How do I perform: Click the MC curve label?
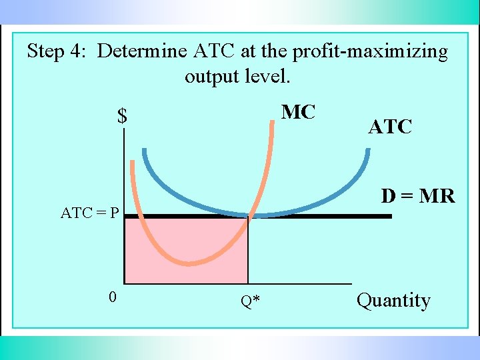[x=298, y=112]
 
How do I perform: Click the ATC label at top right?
[x=390, y=127]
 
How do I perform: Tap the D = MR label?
[x=418, y=196]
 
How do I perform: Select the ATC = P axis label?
[x=90, y=213]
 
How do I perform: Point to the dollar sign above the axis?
[x=122, y=117]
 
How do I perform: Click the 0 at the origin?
[x=113, y=297]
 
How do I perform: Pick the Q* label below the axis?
[x=251, y=302]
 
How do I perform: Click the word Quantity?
[x=393, y=301]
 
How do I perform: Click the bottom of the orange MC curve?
[x=191, y=263]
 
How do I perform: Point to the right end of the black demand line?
[x=391, y=216]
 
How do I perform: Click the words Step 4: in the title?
[x=58, y=51]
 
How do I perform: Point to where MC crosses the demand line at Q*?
[x=249, y=216]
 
